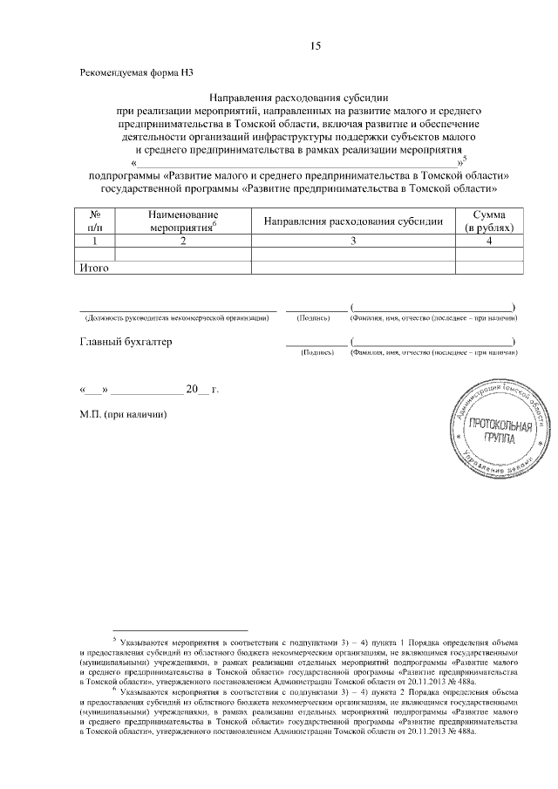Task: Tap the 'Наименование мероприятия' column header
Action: [182, 221]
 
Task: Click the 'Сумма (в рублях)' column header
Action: [489, 221]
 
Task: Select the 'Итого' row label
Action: [94, 268]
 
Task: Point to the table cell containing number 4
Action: [489, 241]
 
